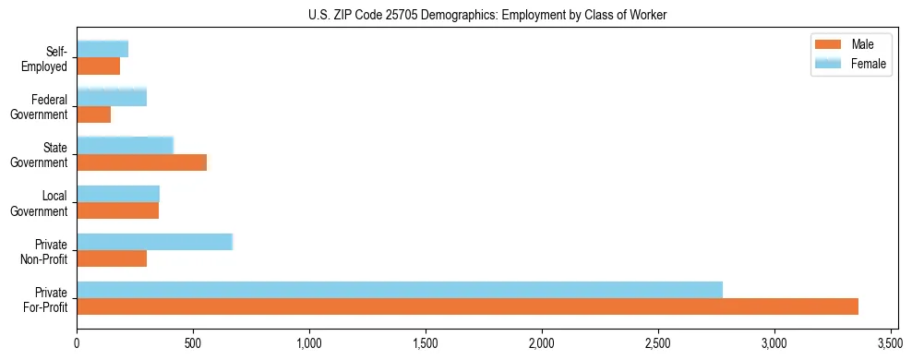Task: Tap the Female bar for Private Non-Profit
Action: [154, 242]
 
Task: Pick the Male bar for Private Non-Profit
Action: [112, 258]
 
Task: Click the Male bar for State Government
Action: [141, 162]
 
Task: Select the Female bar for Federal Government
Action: [112, 97]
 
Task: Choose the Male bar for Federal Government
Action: [94, 114]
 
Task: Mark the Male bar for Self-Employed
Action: [99, 66]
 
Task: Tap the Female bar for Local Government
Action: [118, 194]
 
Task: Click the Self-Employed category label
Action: [47, 58]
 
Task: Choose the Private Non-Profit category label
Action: [45, 251]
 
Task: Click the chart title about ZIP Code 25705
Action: [486, 16]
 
